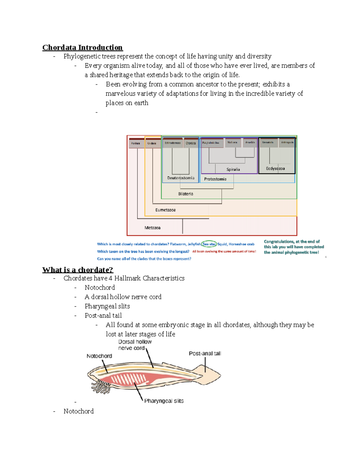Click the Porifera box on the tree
(x=135, y=143)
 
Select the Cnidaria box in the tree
(x=152, y=143)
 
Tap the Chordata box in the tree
(x=191, y=143)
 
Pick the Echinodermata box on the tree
(x=172, y=143)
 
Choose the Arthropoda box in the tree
(x=287, y=143)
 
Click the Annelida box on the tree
(x=250, y=143)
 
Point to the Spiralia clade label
(x=233, y=170)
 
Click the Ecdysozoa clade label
(x=275, y=169)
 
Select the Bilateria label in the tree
(x=186, y=194)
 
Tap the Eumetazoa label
(x=165, y=210)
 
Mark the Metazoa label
(x=152, y=228)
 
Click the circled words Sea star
(x=209, y=244)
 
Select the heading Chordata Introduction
(x=82, y=47)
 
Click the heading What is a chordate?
(x=78, y=270)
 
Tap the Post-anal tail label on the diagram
(x=205, y=353)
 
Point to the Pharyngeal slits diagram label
(x=164, y=401)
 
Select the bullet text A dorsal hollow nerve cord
(x=123, y=297)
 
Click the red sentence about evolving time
(x=224, y=251)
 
